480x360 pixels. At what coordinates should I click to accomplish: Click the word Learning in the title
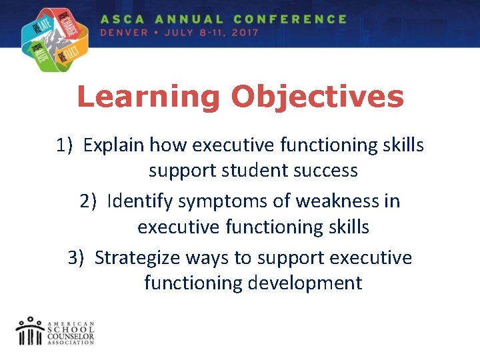click(149, 97)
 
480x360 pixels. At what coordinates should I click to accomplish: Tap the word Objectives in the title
click(317, 97)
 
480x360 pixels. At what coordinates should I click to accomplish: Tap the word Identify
click(136, 201)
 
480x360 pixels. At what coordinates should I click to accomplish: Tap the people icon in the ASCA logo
click(30, 331)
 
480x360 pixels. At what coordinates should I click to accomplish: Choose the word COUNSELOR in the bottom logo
click(71, 337)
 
